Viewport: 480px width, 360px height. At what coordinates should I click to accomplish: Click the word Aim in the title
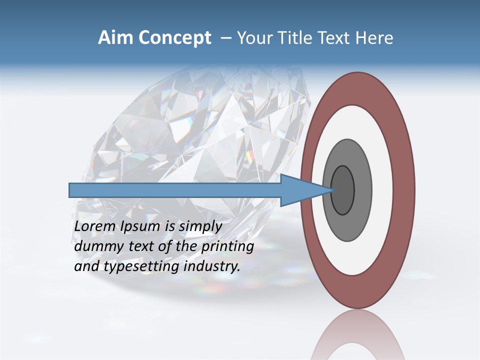coord(115,38)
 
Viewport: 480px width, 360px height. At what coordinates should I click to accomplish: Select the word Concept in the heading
coord(175,38)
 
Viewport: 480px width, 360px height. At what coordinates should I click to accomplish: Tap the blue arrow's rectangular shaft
coord(175,190)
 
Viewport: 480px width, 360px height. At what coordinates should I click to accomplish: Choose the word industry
coord(212,267)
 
